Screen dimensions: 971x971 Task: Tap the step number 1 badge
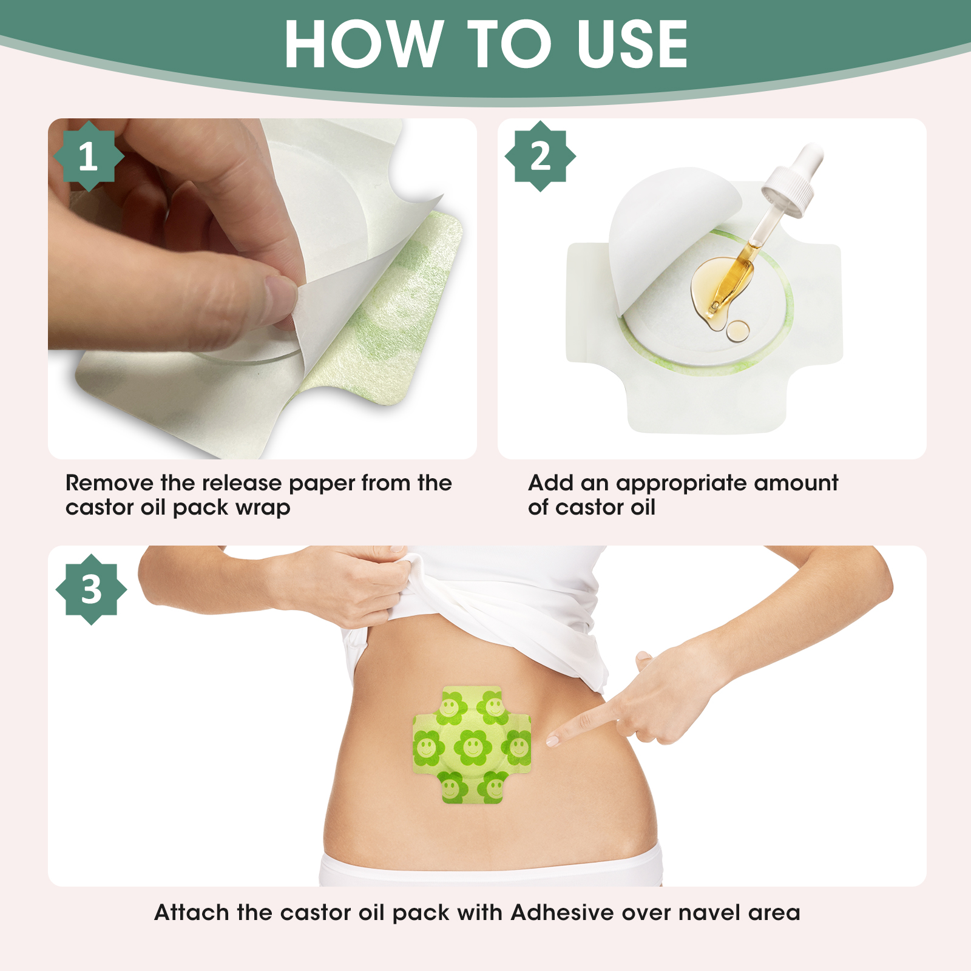(89, 156)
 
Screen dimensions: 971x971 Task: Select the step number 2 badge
(540, 156)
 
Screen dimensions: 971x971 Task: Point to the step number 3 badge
(91, 589)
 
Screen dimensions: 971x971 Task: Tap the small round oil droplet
(738, 330)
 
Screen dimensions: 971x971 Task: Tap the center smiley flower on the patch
(472, 746)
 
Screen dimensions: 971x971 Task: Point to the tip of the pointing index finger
(550, 740)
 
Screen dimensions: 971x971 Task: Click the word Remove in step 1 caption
(109, 483)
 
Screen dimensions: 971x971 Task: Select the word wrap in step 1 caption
(263, 508)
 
